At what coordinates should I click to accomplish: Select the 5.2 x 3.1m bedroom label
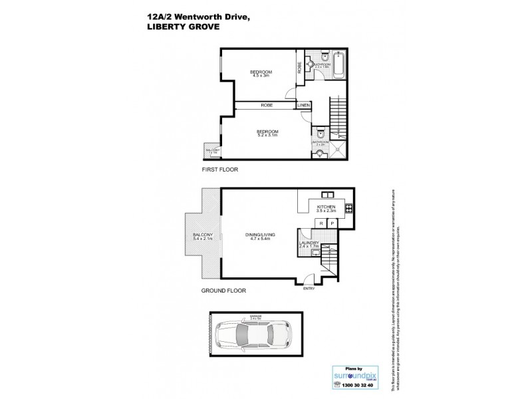tap(267, 133)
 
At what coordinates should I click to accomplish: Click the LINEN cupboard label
tap(303, 106)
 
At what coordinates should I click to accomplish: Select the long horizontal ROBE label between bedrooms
tap(266, 106)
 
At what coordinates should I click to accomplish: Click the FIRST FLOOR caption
tap(220, 170)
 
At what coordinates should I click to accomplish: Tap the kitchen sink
tap(327, 195)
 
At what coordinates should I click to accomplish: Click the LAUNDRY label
tap(309, 245)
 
